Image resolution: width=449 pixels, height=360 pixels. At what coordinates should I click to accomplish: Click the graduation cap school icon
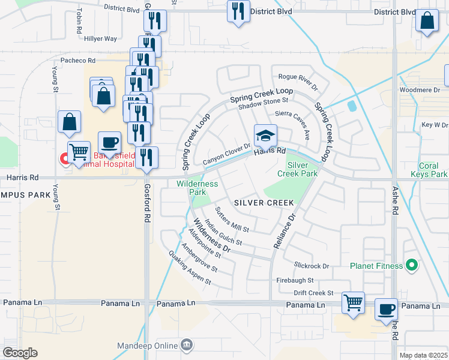pos(265,135)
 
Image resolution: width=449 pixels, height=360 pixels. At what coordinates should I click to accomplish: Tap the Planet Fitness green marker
pos(411,265)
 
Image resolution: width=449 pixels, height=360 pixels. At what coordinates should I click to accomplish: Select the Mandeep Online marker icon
pos(187,345)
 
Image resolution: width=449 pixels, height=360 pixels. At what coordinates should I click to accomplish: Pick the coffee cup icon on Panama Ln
pos(387,309)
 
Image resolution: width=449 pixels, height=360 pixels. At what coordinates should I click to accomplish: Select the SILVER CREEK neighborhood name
pos(264,203)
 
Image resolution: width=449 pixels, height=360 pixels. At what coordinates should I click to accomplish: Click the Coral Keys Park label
pos(433,170)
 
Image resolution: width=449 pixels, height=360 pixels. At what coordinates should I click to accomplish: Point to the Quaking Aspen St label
pos(190,267)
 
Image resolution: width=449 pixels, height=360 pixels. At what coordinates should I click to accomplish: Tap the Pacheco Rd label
pos(78,61)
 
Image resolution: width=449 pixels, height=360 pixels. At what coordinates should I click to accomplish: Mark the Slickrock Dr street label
pos(312,265)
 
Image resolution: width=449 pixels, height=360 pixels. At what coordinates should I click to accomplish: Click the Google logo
pos(20,353)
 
